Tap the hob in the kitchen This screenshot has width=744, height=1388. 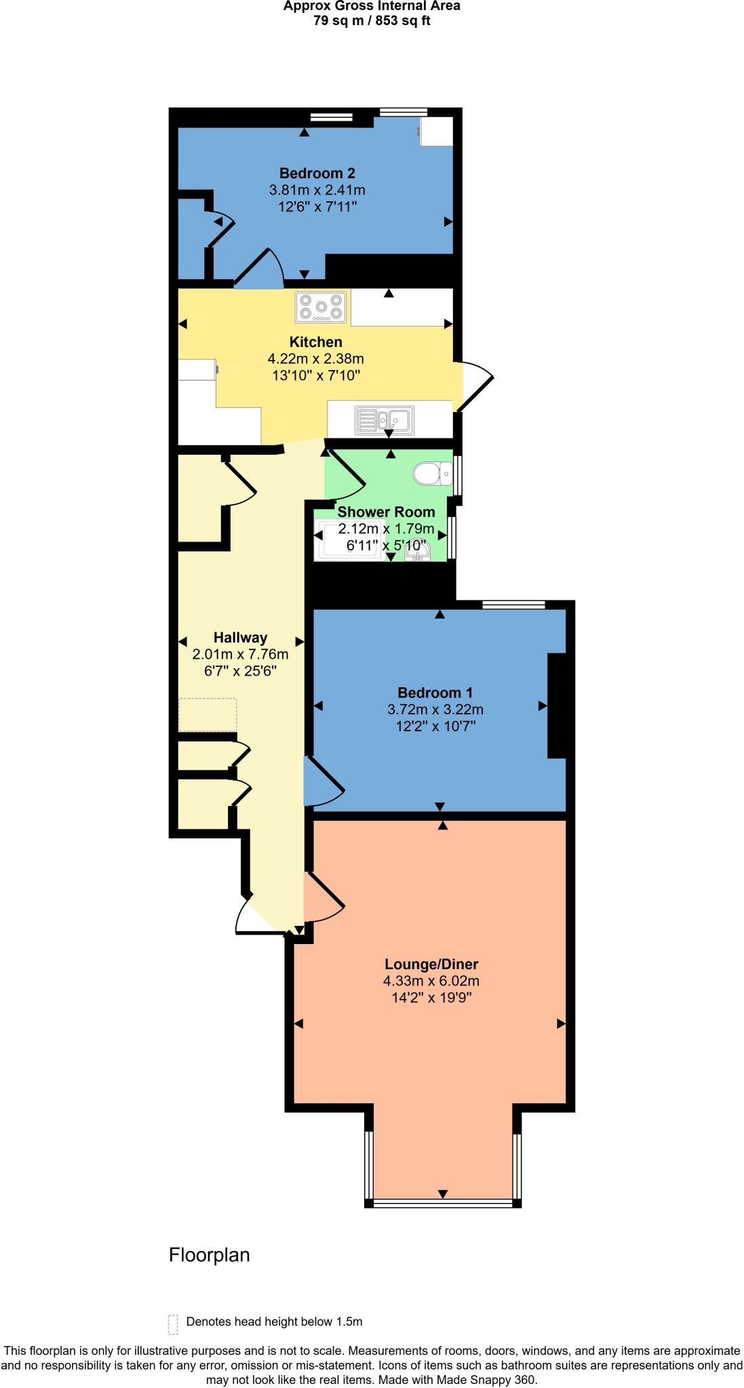point(321,307)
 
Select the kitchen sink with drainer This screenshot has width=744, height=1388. point(384,420)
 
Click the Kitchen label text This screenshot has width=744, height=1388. point(315,342)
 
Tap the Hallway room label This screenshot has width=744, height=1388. point(240,637)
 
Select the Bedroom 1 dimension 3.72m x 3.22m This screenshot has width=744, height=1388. point(435,710)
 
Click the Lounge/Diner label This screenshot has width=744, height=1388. point(431,964)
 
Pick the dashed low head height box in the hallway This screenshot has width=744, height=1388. point(208,715)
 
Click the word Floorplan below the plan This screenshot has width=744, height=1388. point(209,1255)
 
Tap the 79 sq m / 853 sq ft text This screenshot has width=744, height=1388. point(371,20)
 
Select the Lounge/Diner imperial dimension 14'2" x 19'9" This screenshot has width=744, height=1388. point(431,998)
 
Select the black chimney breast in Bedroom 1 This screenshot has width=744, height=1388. point(556,706)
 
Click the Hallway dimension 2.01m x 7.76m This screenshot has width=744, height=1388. point(240,654)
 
